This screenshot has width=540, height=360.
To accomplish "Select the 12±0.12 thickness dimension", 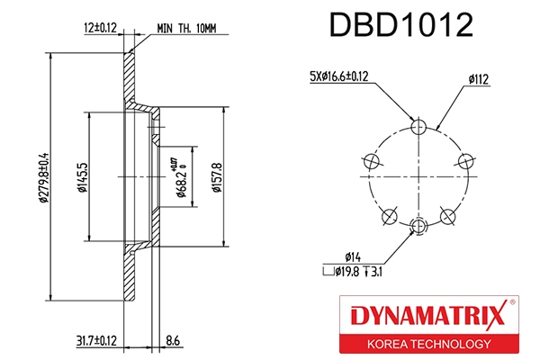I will pos(100,27).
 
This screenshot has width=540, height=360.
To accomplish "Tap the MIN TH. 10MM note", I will pos(186,27).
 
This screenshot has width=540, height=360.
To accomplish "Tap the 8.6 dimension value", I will pos(173,339).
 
